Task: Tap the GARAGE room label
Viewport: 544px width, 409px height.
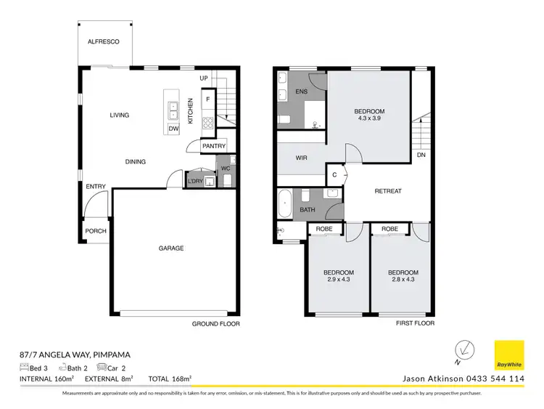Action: (171, 248)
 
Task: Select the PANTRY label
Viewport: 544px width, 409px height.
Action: (214, 146)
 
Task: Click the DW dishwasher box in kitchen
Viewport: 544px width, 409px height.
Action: (173, 129)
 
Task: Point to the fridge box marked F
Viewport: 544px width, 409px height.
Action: (208, 99)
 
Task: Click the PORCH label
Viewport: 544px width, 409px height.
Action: (96, 231)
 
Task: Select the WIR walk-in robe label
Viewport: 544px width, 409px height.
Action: (303, 157)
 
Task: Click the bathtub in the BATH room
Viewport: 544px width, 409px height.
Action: (284, 203)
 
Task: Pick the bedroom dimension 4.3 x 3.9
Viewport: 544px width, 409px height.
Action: (369, 121)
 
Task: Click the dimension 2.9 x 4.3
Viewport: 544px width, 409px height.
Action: (339, 281)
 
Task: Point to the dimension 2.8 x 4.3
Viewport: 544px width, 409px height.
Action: (403, 281)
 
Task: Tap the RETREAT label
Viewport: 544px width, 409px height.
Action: (388, 191)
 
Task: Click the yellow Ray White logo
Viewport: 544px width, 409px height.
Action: (508, 355)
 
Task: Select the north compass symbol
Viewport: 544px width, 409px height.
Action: (463, 351)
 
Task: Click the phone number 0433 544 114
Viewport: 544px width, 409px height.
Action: (488, 378)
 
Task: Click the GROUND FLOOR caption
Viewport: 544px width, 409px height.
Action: (215, 324)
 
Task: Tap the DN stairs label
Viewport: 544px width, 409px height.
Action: (421, 155)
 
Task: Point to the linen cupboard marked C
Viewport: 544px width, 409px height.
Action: (334, 174)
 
